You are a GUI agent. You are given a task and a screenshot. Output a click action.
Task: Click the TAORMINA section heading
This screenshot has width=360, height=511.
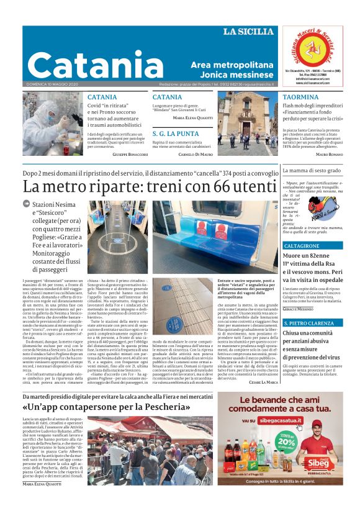[x=300, y=97]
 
